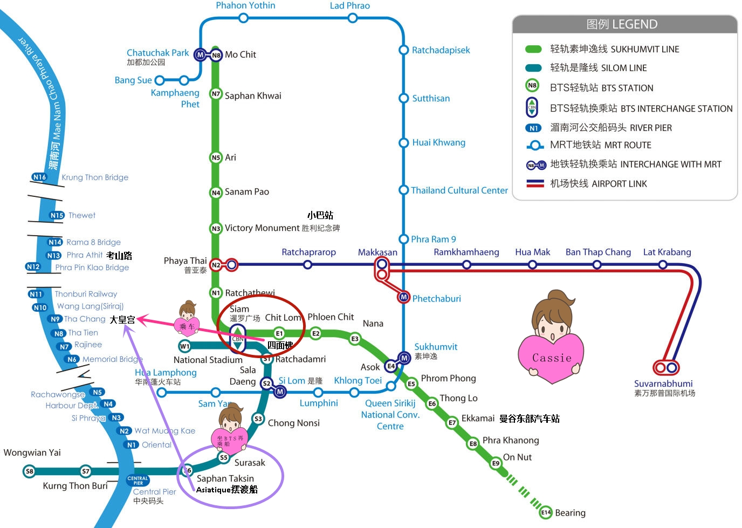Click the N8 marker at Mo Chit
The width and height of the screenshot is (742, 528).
(x=216, y=55)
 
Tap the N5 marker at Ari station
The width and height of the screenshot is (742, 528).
(x=216, y=157)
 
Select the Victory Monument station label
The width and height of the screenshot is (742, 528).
(x=262, y=228)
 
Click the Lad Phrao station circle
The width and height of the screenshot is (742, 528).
(x=353, y=18)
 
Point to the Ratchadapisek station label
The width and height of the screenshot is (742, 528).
(x=441, y=50)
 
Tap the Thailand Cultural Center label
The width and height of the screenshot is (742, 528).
(x=459, y=190)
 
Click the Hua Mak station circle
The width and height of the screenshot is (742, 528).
(x=532, y=264)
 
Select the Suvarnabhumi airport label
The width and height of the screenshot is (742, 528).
(x=663, y=384)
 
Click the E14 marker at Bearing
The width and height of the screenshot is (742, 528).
(x=546, y=512)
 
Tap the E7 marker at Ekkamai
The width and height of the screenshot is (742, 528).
(x=452, y=423)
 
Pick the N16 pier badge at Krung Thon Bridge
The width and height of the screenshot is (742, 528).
(x=39, y=177)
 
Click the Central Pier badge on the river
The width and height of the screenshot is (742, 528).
(x=138, y=480)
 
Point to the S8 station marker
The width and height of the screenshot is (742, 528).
(x=30, y=471)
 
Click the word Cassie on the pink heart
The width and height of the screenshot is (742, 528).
(x=552, y=358)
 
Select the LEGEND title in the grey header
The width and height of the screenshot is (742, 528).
(x=622, y=24)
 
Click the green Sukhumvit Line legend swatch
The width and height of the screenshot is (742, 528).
(x=533, y=49)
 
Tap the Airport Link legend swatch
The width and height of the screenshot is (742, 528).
(x=535, y=183)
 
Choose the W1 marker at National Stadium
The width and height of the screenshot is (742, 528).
(x=184, y=346)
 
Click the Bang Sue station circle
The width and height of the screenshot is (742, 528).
(x=160, y=80)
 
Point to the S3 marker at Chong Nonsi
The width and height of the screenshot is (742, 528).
(x=258, y=419)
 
